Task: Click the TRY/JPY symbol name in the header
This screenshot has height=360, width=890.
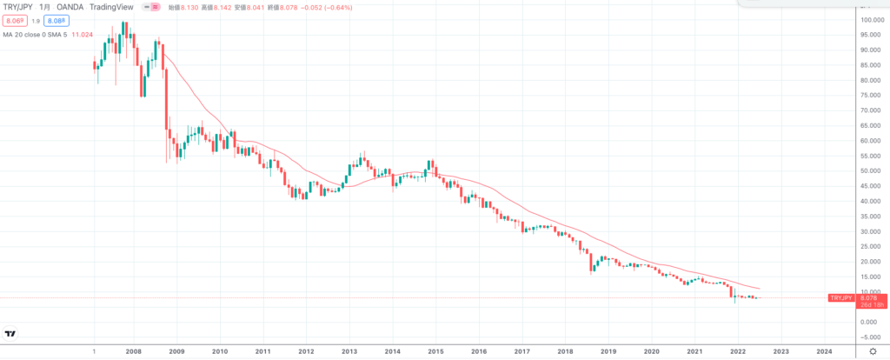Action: pos(20,8)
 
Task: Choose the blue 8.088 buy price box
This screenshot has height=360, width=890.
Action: pos(56,20)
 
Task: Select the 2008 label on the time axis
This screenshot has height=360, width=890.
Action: pos(133,352)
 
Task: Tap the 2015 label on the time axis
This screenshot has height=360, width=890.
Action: pos(435,352)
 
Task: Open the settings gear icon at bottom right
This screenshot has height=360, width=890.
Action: pos(872,352)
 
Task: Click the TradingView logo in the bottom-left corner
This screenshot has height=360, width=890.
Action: pos(10,334)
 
